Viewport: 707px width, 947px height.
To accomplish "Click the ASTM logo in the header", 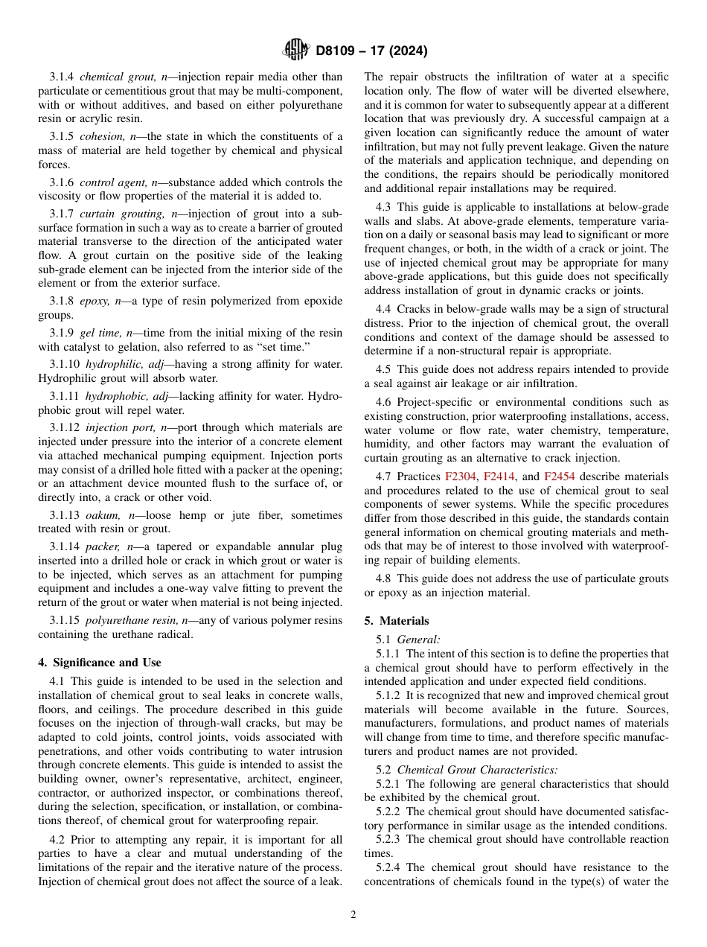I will tap(295, 51).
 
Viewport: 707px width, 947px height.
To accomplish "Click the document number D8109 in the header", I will tap(339, 51).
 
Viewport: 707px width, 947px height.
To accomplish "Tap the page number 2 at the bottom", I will tap(353, 915).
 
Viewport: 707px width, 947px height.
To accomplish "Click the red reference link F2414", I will tap(499, 476).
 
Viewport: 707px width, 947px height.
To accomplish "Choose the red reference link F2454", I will tap(559, 476).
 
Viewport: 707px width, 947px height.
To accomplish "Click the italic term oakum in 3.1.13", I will tap(101, 515).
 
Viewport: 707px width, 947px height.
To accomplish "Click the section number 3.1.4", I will tap(62, 77).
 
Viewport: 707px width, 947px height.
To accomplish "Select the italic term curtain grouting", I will tap(121, 214).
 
